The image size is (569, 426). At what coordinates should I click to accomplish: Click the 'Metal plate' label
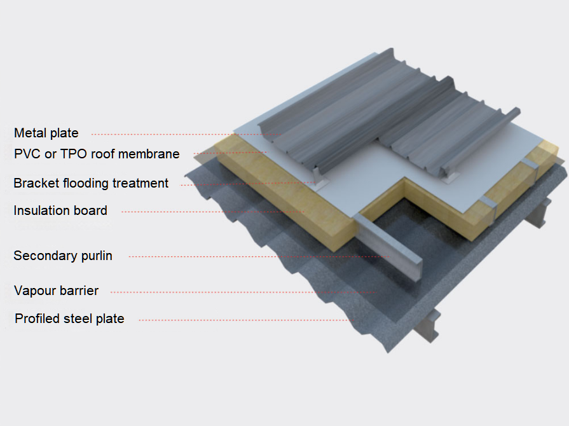click(46, 133)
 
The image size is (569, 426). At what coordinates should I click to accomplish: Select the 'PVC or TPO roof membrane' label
click(97, 154)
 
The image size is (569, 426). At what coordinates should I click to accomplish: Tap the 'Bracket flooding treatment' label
click(91, 183)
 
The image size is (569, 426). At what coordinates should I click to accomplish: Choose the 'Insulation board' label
click(60, 210)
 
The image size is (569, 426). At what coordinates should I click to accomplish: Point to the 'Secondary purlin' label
click(63, 256)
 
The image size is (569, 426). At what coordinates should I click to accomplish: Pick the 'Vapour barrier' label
click(56, 291)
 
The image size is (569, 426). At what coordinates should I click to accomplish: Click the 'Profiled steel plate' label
click(69, 319)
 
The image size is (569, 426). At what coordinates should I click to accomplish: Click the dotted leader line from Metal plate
click(178, 134)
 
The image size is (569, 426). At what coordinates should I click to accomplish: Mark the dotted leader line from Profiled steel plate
click(242, 320)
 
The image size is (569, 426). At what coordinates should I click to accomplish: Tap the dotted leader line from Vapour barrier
click(242, 292)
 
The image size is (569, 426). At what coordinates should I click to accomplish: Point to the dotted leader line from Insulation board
click(210, 212)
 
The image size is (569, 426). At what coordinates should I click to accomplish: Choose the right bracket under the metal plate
click(450, 175)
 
